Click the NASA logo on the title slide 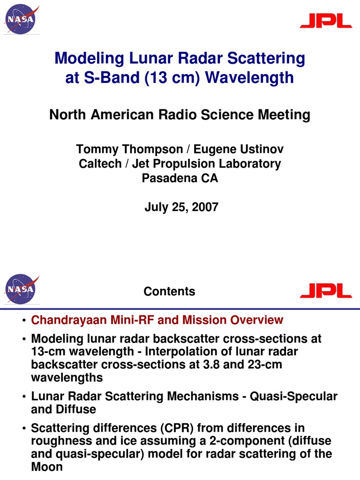(20, 20)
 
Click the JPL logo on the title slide (326, 21)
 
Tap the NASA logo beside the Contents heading (20, 289)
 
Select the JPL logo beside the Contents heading (326, 291)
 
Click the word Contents (169, 292)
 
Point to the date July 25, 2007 (181, 207)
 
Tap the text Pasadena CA (180, 178)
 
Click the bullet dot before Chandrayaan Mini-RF (23, 321)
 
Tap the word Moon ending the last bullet (46, 467)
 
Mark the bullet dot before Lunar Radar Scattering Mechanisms (23, 397)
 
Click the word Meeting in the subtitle (285, 114)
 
